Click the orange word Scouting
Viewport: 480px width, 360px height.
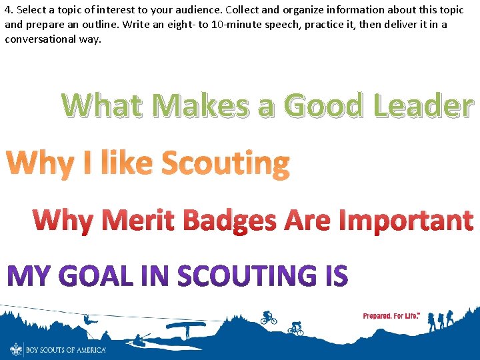pos(226,164)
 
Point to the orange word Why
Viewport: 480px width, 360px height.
pos(39,164)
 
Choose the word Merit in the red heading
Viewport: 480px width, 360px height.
pos(137,221)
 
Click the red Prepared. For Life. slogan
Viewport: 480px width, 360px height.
pos(391,315)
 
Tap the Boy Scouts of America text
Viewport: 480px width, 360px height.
pos(65,349)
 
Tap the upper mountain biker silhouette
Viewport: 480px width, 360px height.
pos(269,317)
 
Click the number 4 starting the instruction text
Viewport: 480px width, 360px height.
pos(7,9)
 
